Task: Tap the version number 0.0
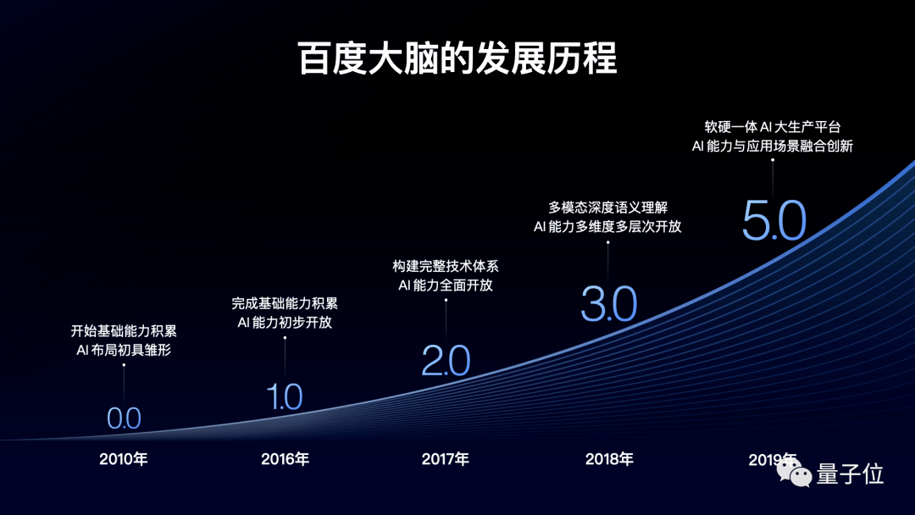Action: (x=124, y=418)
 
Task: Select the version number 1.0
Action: (x=285, y=396)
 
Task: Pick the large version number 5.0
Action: (x=774, y=222)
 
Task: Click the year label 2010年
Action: (x=124, y=460)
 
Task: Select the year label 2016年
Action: (x=285, y=460)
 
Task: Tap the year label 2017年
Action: (x=446, y=460)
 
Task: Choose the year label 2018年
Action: (x=609, y=460)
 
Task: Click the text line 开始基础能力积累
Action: (x=124, y=331)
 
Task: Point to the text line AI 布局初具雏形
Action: (x=124, y=349)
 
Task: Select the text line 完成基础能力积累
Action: (x=285, y=303)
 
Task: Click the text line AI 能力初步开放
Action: (x=285, y=322)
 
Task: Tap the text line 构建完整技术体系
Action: (x=446, y=266)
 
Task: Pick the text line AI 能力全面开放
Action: (x=446, y=285)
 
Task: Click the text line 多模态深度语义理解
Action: (x=607, y=207)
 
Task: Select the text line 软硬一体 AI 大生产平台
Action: (x=773, y=126)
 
